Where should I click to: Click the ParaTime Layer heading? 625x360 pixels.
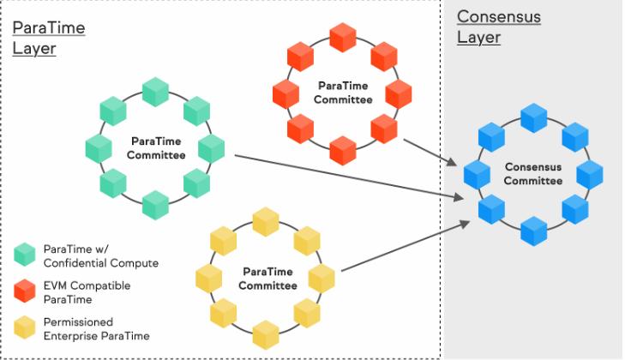(x=49, y=39)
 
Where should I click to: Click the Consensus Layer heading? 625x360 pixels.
(x=499, y=27)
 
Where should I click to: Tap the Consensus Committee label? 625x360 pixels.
(x=533, y=174)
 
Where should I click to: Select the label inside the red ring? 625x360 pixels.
(x=343, y=93)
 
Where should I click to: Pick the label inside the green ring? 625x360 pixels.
(x=156, y=148)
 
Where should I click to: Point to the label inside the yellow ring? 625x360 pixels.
(x=267, y=279)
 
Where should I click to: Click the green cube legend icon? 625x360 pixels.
(x=25, y=255)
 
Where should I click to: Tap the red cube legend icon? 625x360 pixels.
(x=25, y=291)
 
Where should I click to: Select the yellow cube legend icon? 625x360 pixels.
(x=25, y=327)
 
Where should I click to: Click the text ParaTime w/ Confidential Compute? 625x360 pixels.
(x=101, y=256)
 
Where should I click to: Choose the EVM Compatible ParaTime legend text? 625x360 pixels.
(x=87, y=292)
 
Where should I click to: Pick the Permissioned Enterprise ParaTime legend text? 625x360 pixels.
(x=97, y=329)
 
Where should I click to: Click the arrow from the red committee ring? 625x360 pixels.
(x=430, y=153)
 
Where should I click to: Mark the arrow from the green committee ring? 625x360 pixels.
(x=349, y=177)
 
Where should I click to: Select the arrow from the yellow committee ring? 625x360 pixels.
(x=406, y=246)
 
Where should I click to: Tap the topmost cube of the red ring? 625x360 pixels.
(x=343, y=38)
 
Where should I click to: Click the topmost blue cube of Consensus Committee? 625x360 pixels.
(x=534, y=118)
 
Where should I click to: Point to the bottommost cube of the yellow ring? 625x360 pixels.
(x=266, y=335)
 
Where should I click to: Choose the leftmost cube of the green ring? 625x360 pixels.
(x=99, y=148)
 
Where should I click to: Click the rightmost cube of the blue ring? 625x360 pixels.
(x=590, y=175)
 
